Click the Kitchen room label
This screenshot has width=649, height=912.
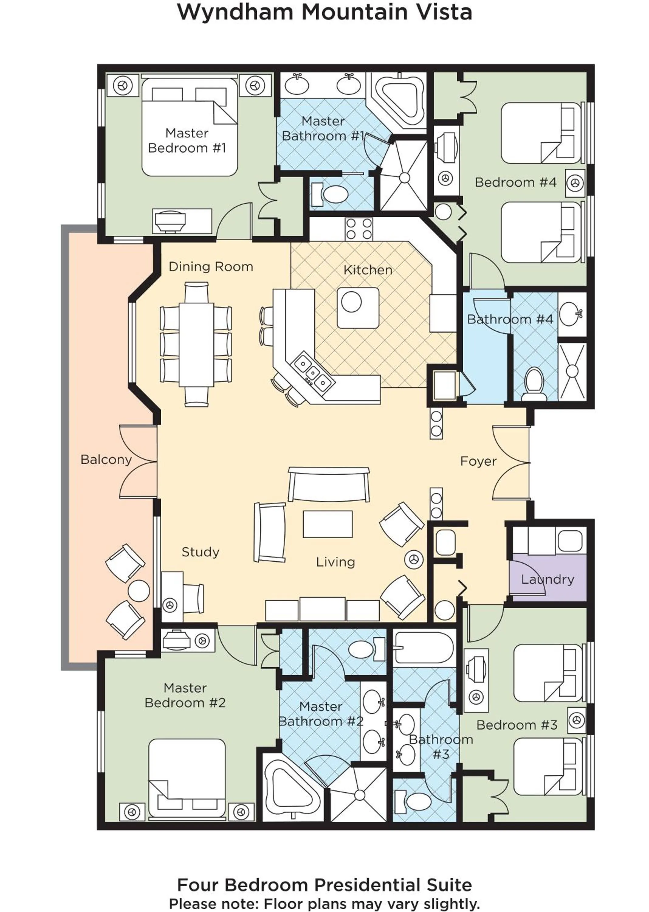[x=368, y=270]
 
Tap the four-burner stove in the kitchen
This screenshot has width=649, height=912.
[x=359, y=229]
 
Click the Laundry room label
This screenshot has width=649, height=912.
[x=547, y=579]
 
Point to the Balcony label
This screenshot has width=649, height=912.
[x=106, y=459]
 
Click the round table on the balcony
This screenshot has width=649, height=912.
[x=139, y=591]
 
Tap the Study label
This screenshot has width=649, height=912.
[x=200, y=552]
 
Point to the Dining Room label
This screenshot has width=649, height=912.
[x=211, y=267]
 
